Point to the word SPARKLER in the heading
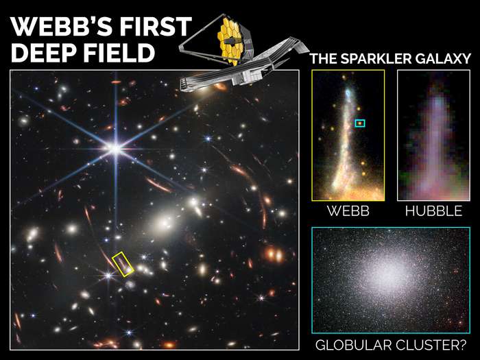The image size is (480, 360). click(x=383, y=59)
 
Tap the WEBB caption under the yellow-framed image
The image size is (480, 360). click(x=348, y=211)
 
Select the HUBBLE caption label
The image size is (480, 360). click(x=433, y=211)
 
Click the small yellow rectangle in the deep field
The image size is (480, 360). click(x=123, y=264)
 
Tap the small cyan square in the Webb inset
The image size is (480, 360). click(x=360, y=123)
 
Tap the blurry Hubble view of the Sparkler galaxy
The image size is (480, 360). click(x=433, y=137)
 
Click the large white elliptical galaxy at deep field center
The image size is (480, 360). click(x=165, y=223)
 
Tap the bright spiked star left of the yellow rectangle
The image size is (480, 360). click(x=106, y=276)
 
